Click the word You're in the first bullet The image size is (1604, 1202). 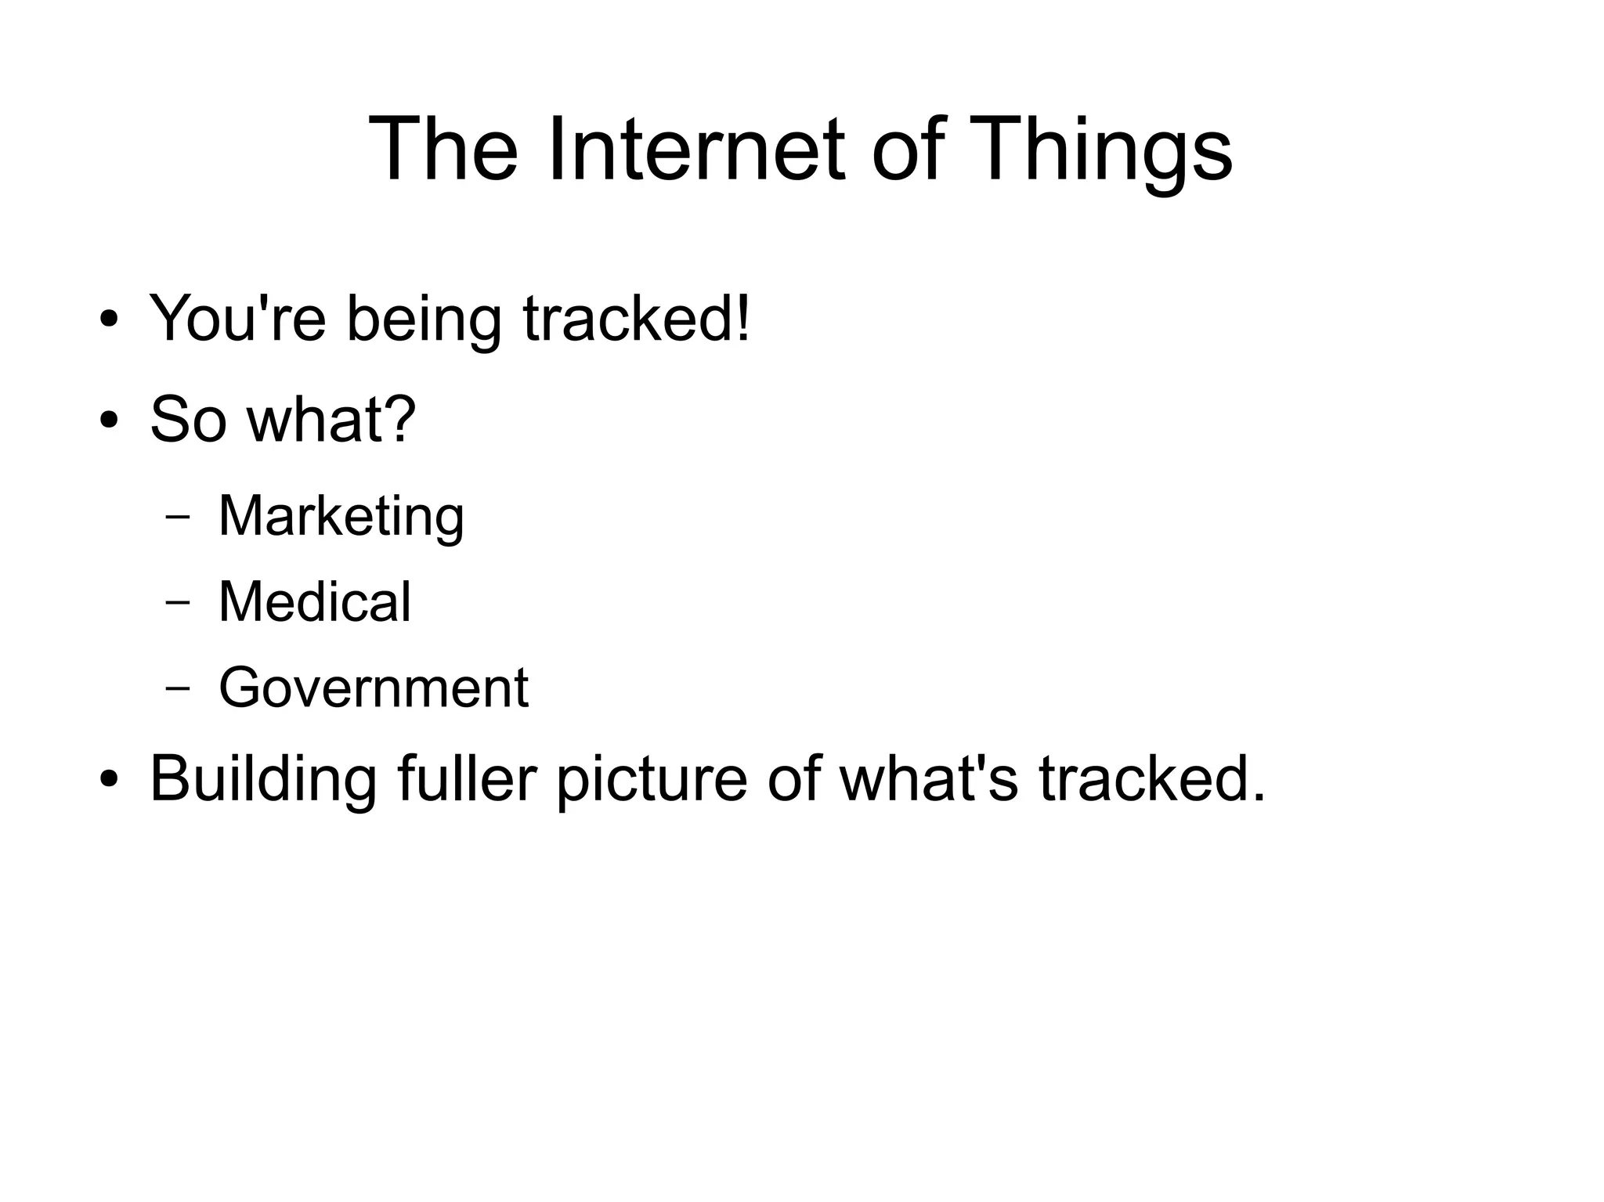pos(237,319)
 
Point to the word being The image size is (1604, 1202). pos(424,319)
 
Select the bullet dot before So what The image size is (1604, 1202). pos(110,421)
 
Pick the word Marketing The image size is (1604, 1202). pos(341,517)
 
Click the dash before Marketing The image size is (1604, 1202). pos(179,518)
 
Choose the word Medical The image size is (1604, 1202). pos(314,602)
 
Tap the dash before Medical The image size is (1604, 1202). pos(179,603)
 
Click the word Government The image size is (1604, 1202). pos(374,688)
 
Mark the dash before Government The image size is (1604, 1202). pos(179,688)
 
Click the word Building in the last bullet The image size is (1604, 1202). pos(262,778)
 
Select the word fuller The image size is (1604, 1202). pos(467,778)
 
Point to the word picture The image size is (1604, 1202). pos(652,778)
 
